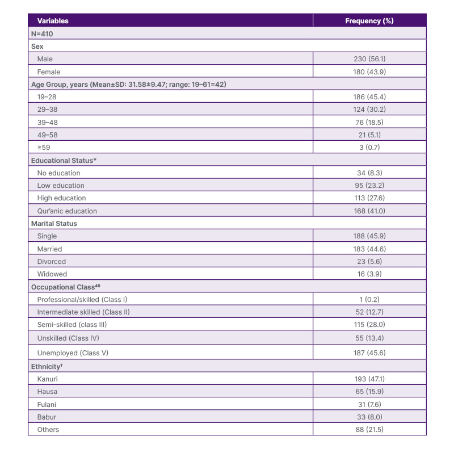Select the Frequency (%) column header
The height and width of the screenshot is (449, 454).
[369, 21]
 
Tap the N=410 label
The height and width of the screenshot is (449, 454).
[43, 33]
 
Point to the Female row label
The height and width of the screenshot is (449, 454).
[48, 72]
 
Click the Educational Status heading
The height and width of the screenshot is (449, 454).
[64, 160]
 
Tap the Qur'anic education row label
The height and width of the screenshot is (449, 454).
[67, 211]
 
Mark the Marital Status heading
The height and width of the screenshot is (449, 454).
[54, 224]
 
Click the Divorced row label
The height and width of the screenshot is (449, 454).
[51, 262]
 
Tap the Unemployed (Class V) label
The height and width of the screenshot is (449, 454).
[72, 353]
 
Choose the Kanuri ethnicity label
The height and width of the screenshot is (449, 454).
[48, 379]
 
